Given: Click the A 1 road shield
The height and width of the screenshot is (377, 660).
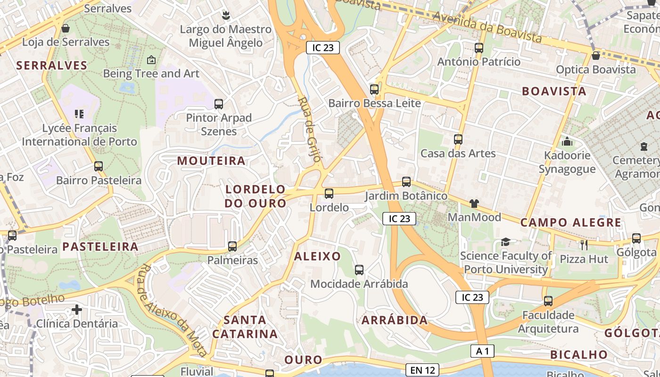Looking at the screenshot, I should coord(482,351).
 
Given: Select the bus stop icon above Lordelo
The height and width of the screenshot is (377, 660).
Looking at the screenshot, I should coord(329,193).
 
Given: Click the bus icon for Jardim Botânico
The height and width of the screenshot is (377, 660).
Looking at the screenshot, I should coord(406,181).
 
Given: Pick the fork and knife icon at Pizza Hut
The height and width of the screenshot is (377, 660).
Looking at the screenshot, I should coord(584,245).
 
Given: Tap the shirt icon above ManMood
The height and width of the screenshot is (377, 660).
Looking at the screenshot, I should coord(474,203).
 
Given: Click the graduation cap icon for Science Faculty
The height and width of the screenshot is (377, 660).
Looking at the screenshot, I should coord(505,242).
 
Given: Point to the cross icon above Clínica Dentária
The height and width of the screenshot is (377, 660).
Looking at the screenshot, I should coord(77,310).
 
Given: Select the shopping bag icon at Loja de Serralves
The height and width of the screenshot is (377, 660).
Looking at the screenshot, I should coord(66,28).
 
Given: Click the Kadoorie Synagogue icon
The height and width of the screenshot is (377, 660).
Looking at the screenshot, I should coord(567,141).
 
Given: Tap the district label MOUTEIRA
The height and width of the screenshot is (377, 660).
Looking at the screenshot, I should coord(211,161).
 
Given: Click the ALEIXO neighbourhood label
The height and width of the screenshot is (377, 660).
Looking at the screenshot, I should coord(317,256).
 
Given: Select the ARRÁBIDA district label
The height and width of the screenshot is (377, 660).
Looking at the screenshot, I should coord(395,320).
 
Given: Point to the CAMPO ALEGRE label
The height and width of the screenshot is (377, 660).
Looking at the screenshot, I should coord(570,222).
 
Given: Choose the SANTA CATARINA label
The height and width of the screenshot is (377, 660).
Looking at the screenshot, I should coord(245,327).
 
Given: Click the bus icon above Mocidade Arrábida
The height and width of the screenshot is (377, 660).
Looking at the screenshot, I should coord(359,270).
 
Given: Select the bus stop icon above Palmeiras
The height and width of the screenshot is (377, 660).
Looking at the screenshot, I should coord(232,246).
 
